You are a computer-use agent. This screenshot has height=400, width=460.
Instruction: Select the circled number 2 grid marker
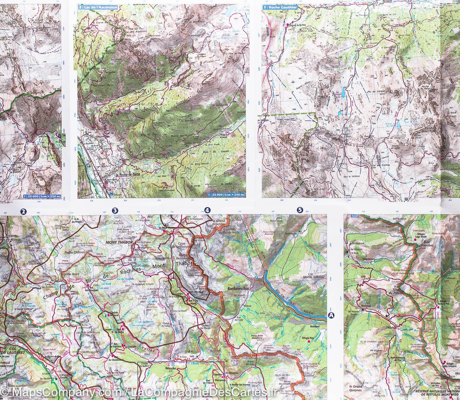tap(23, 211)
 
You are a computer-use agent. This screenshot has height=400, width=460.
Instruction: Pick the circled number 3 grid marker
tap(115, 210)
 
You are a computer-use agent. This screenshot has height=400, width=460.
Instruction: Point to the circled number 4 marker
tap(208, 210)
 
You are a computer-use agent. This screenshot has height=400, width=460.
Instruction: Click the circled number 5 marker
tap(300, 210)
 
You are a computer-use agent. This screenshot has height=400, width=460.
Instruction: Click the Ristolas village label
tap(368, 305)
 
